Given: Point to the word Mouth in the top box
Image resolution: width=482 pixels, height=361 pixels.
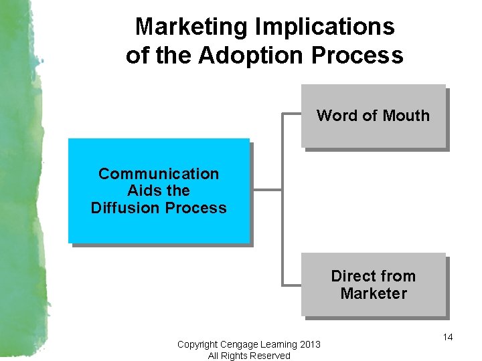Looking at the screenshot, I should (x=406, y=116).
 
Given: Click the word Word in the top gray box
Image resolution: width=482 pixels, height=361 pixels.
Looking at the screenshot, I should (x=337, y=116).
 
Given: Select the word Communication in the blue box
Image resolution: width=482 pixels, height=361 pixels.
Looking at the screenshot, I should (x=159, y=174).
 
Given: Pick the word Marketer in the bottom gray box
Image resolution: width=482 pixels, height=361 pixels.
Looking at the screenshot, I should (x=374, y=293).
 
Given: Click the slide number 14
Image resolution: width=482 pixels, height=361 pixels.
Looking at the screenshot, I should (x=448, y=337).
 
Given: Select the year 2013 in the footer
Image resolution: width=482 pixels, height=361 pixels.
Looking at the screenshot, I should (x=310, y=344).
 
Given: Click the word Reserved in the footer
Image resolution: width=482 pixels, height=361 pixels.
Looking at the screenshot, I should (x=270, y=356).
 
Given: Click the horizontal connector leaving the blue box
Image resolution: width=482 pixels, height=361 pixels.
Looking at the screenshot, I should (x=266, y=190).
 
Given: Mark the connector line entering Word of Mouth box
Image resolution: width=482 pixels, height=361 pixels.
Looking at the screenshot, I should (x=292, y=114).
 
